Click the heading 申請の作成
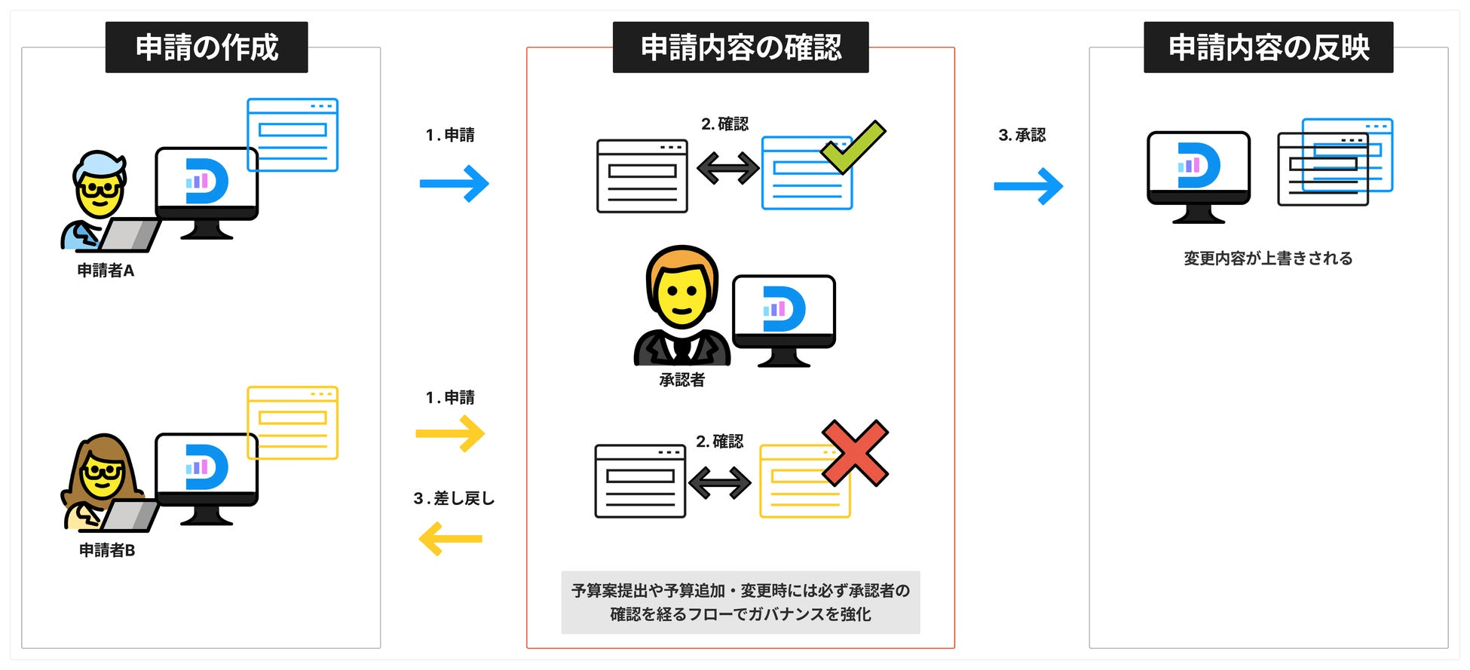point(207,47)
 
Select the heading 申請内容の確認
point(740,47)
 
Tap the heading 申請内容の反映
point(1268,47)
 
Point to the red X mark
point(855,453)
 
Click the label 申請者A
point(106,271)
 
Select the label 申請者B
point(107,550)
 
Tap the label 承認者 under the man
point(681,380)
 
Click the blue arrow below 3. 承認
point(1028,186)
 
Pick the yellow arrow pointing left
point(450,539)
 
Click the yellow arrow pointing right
point(450,433)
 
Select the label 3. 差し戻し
point(454,498)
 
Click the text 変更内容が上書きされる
point(1268,259)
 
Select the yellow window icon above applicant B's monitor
point(292,422)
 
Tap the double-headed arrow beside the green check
point(727,167)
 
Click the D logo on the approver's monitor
point(783,309)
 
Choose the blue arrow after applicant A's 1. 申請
point(455,184)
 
